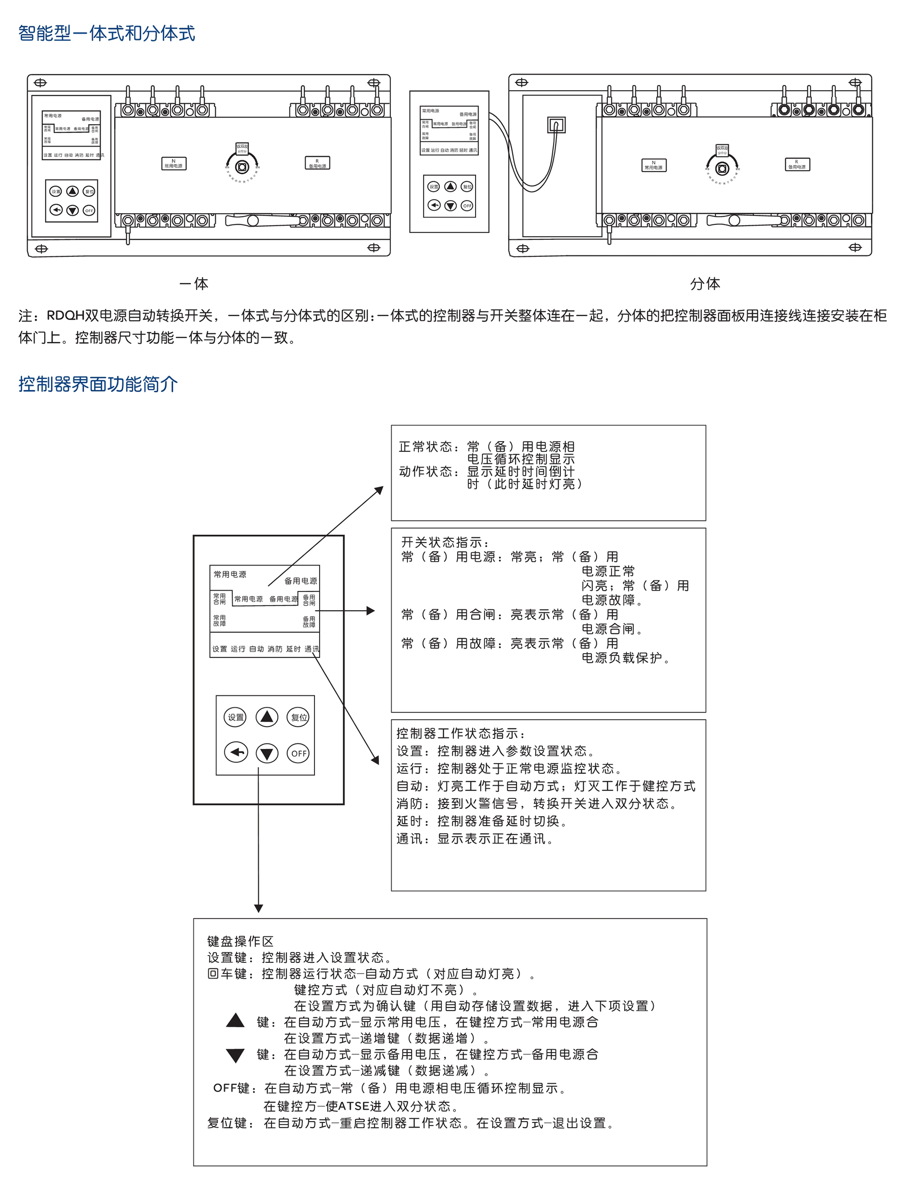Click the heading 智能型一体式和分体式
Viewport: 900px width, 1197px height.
[x=106, y=34]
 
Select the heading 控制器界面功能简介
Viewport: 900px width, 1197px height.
[x=98, y=384]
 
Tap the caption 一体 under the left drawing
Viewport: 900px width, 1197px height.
[x=194, y=284]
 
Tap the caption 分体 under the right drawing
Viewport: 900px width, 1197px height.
[x=705, y=284]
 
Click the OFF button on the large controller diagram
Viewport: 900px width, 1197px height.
[x=298, y=753]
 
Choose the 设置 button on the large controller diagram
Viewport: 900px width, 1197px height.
[x=235, y=718]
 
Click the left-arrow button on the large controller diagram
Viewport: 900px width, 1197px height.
[x=235, y=752]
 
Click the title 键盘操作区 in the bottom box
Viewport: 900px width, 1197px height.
[x=240, y=942]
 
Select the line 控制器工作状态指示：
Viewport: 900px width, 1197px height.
[x=460, y=734]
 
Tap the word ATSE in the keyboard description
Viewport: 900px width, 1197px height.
[x=353, y=1106]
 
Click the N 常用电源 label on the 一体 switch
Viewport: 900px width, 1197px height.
[x=174, y=163]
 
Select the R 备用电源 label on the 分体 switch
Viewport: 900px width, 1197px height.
[x=796, y=165]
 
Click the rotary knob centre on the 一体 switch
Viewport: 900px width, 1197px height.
[x=242, y=167]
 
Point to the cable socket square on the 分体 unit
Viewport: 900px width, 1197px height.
[x=556, y=125]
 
